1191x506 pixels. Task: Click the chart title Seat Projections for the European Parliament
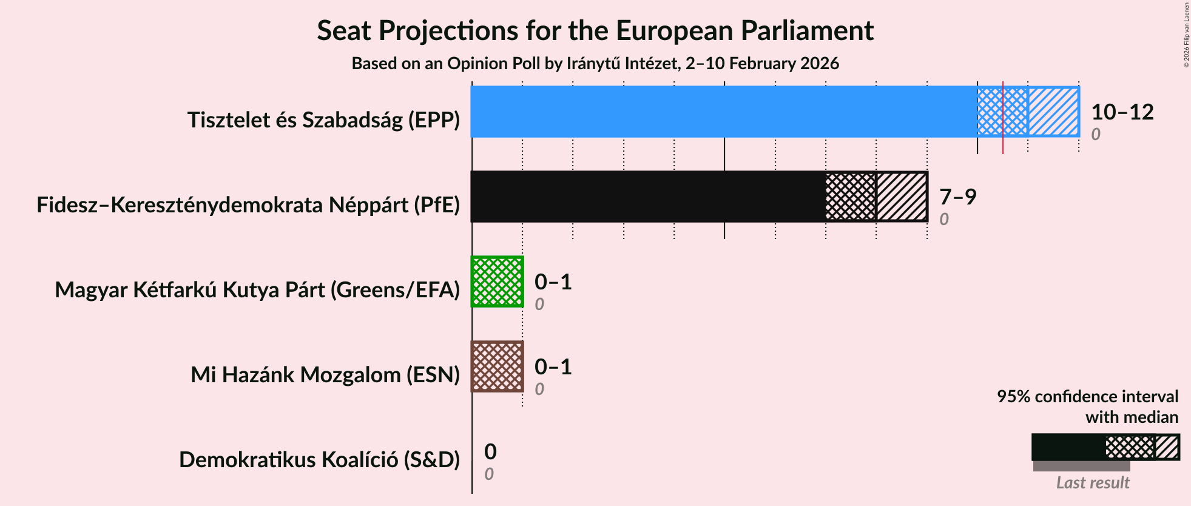click(595, 30)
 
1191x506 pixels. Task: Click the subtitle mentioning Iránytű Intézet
click(595, 64)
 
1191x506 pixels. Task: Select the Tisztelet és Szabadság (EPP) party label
click(323, 120)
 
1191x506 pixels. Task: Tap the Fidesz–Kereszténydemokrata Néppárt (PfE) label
click(248, 205)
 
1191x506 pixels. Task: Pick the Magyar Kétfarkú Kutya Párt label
click(257, 290)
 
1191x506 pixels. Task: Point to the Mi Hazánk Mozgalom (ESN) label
click(325, 375)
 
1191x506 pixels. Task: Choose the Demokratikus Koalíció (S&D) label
click(319, 460)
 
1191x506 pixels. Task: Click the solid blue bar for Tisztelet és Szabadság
click(722, 112)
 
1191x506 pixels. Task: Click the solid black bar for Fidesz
click(646, 197)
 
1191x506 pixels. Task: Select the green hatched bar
click(498, 282)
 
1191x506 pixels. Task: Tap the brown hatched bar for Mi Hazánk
click(498, 366)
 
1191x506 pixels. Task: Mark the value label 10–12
click(1122, 112)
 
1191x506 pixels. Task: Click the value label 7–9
click(957, 197)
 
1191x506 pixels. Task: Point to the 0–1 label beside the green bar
click(553, 282)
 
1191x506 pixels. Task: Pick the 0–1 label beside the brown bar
click(553, 367)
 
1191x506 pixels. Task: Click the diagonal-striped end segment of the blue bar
click(1053, 112)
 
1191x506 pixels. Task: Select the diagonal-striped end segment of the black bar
click(902, 197)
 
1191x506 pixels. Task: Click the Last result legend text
click(1093, 482)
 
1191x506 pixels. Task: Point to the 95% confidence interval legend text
click(1087, 397)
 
